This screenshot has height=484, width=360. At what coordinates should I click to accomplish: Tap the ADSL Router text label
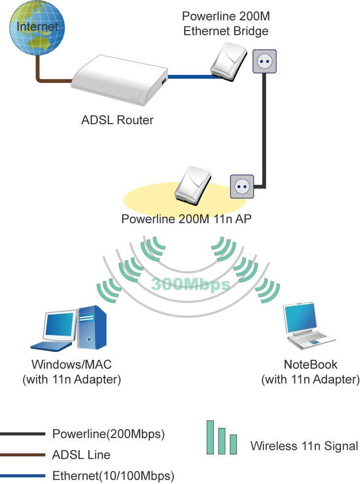tap(117, 120)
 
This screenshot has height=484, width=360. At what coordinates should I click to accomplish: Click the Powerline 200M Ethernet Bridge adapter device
tap(227, 60)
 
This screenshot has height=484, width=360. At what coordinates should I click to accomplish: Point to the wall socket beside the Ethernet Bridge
tap(265, 61)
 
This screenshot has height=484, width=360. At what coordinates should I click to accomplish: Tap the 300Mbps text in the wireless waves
tap(191, 284)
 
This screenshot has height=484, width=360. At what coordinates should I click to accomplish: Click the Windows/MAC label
tap(71, 365)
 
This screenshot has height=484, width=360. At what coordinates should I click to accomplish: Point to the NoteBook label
tap(311, 365)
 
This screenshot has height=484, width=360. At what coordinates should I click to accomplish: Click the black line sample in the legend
tap(23, 434)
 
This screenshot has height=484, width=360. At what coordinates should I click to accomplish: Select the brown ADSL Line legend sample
tap(23, 455)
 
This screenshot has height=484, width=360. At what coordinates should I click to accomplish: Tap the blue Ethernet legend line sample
tap(23, 476)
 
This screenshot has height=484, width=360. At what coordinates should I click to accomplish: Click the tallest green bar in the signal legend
tap(210, 437)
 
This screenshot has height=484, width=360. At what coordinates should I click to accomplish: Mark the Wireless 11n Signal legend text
tap(304, 446)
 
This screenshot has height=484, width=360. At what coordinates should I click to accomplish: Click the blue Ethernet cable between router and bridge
tap(190, 77)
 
